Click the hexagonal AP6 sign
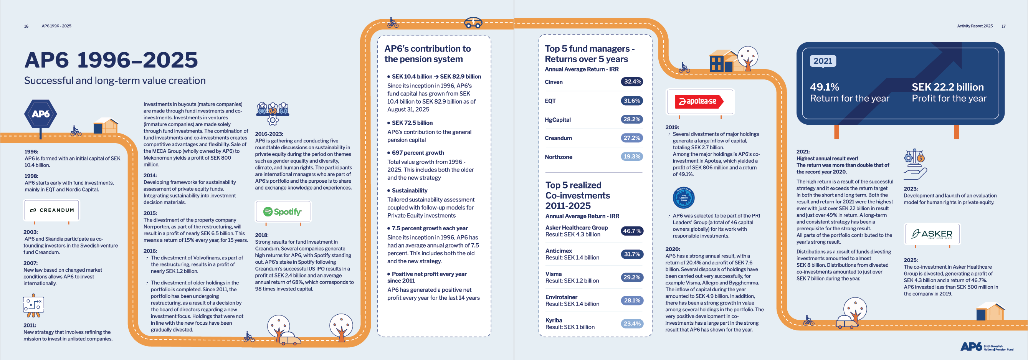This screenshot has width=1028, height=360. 40,114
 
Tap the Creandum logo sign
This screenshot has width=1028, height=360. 51,210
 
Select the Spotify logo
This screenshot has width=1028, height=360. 283,211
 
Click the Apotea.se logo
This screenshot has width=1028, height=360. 699,101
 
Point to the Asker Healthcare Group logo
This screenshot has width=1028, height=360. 932,234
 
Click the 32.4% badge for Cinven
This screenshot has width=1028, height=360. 632,82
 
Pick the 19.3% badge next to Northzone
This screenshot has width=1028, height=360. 632,157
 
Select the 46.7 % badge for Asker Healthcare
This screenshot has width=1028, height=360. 632,231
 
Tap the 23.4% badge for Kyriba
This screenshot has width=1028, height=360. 632,324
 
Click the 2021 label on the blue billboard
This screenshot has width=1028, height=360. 823,61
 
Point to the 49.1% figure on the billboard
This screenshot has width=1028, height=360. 825,87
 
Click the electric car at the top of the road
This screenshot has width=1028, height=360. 473,23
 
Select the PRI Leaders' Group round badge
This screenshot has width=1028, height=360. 684,198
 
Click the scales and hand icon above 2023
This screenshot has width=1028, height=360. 915,164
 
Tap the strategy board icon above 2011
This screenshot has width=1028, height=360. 33,306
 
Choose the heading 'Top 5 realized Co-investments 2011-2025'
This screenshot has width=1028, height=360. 577,196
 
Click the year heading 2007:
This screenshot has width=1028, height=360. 30,263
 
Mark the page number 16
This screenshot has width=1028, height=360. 26,26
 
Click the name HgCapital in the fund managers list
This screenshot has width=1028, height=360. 557,120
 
